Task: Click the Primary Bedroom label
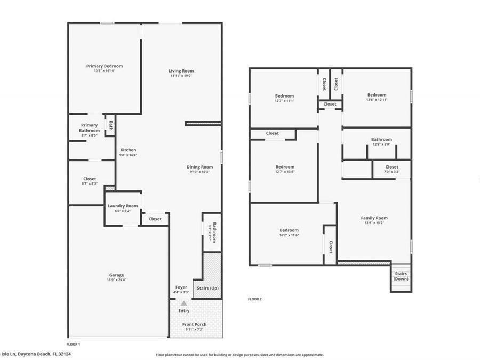105,66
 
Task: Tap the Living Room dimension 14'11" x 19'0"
181,76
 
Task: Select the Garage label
116,275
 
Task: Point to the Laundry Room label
123,206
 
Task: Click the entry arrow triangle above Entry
183,303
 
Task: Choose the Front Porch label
194,324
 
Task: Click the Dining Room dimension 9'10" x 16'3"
200,172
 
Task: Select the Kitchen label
128,150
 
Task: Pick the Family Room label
374,218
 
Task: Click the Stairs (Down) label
401,276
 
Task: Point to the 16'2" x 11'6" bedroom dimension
289,235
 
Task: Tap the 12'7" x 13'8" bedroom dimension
285,172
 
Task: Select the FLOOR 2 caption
255,299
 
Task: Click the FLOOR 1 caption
74,344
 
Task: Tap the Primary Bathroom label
89,128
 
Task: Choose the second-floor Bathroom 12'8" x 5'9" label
381,140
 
